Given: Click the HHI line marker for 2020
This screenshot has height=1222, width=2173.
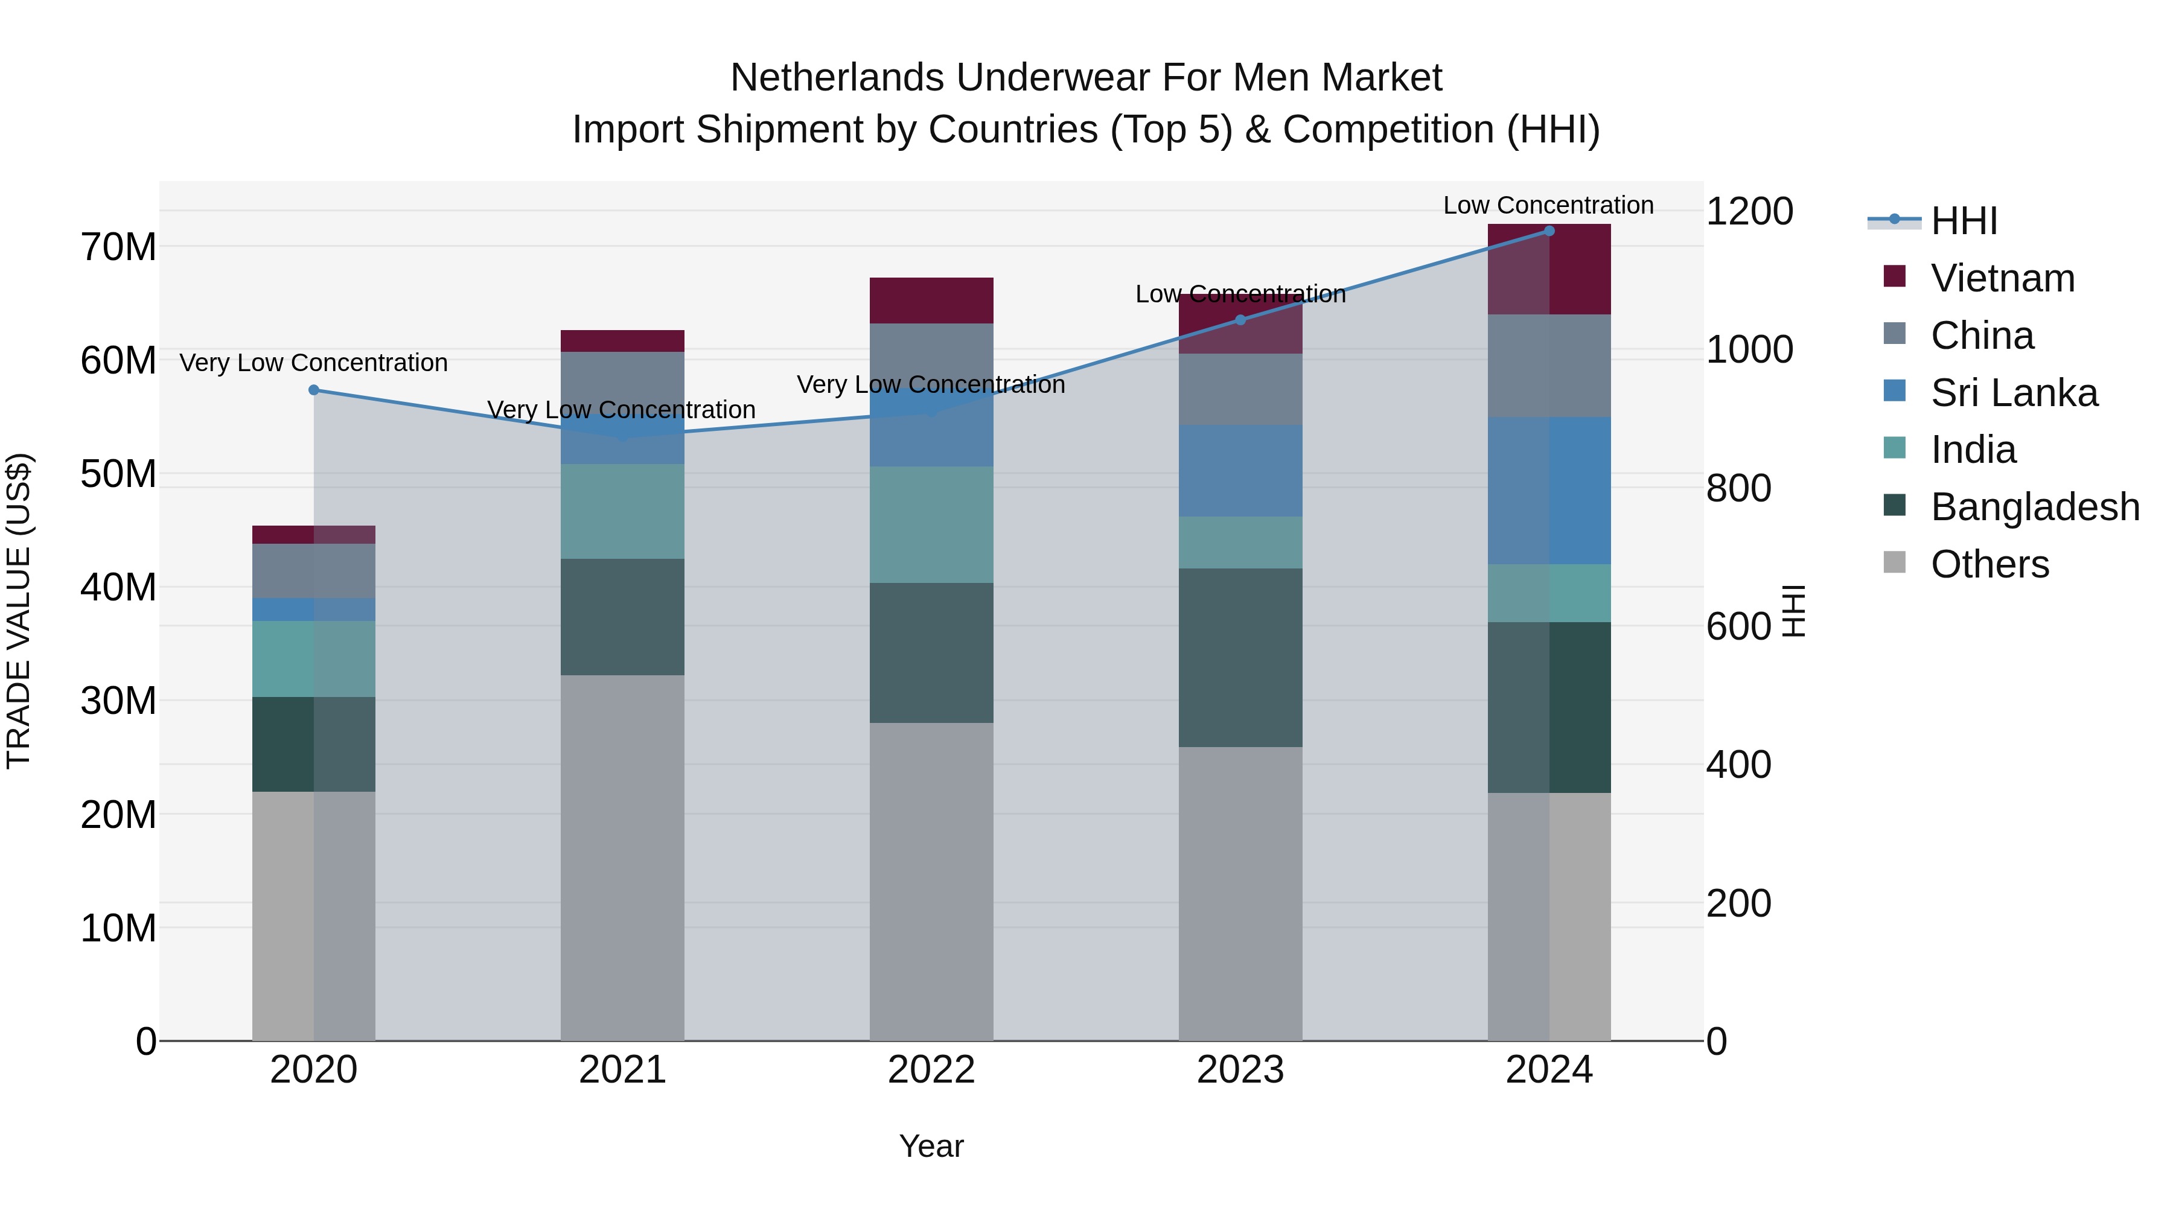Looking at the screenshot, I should coord(314,390).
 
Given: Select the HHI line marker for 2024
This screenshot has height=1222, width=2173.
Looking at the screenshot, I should coord(1549,231).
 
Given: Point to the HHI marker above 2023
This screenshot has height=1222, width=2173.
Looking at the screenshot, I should coord(1240,320).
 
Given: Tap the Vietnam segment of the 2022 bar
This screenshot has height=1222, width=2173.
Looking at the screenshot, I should coord(931,301).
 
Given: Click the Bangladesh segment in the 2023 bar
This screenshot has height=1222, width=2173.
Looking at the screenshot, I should coord(1240,657).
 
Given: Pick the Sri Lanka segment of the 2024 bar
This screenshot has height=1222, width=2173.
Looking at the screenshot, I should coord(1549,490).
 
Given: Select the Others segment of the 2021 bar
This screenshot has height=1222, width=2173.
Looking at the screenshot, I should coord(622,857).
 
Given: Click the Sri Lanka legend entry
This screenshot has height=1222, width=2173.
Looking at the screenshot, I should coord(2014,393).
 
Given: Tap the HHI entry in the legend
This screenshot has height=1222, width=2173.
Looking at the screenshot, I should coord(1963,221).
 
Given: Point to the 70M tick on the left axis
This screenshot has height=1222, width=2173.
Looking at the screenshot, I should coord(118,247).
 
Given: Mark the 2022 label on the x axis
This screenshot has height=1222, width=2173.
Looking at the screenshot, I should coord(931,1070).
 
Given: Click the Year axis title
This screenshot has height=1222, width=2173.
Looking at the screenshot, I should coord(931,1146).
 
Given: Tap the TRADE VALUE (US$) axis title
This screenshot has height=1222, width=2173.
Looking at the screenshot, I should coord(19,611).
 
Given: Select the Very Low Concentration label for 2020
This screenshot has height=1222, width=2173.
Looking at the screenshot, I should coord(314,363).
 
